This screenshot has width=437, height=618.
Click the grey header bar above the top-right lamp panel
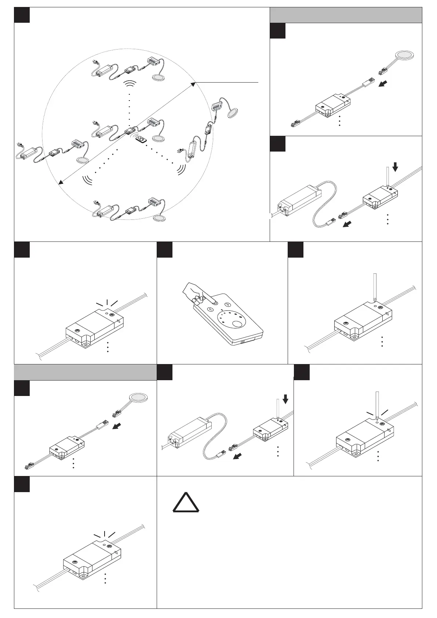pos(346,15)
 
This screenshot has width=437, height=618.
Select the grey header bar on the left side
pos(85,372)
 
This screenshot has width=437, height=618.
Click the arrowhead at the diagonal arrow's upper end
pos(193,84)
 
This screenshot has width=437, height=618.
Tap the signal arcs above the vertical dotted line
pos(129,85)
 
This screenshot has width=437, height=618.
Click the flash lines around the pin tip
pos(377,413)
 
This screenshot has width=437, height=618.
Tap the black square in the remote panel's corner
pos(164,249)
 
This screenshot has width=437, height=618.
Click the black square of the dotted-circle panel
pos(22,15)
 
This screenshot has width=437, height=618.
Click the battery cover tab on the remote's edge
pos(242,341)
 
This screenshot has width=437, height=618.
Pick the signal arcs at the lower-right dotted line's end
pos(181,169)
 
